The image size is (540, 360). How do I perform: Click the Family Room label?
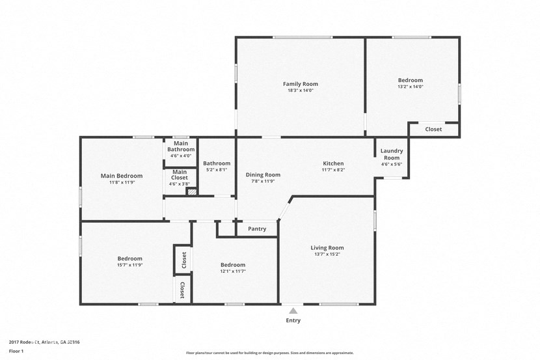pyautogui.click(x=300, y=84)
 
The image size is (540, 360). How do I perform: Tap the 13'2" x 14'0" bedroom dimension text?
pyautogui.click(x=411, y=87)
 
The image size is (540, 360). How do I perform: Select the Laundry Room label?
pyautogui.click(x=392, y=154)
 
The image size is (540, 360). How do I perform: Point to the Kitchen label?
pyautogui.click(x=333, y=163)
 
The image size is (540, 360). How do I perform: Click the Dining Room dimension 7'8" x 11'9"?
pyautogui.click(x=263, y=181)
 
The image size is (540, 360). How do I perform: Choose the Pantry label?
pyautogui.click(x=257, y=229)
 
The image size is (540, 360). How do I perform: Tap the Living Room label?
pyautogui.click(x=327, y=247)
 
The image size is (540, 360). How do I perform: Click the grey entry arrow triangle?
pyautogui.click(x=293, y=311)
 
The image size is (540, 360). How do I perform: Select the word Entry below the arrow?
pyautogui.click(x=293, y=320)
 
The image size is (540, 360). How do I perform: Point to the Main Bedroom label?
pyautogui.click(x=121, y=176)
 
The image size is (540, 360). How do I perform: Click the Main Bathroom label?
pyautogui.click(x=180, y=146)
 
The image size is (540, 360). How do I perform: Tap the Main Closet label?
pyautogui.click(x=180, y=174)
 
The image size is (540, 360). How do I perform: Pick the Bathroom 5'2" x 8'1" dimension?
pyautogui.click(x=216, y=170)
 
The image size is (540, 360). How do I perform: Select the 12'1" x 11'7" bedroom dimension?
pyautogui.click(x=232, y=271)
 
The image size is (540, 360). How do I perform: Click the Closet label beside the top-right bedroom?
pyautogui.click(x=433, y=130)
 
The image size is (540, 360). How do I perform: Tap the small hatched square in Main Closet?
pyautogui.click(x=191, y=191)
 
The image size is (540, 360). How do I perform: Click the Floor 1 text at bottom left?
pyautogui.click(x=17, y=352)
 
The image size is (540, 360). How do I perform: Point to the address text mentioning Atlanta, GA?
pyautogui.click(x=44, y=342)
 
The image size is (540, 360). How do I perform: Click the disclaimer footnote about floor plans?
pyautogui.click(x=270, y=353)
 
